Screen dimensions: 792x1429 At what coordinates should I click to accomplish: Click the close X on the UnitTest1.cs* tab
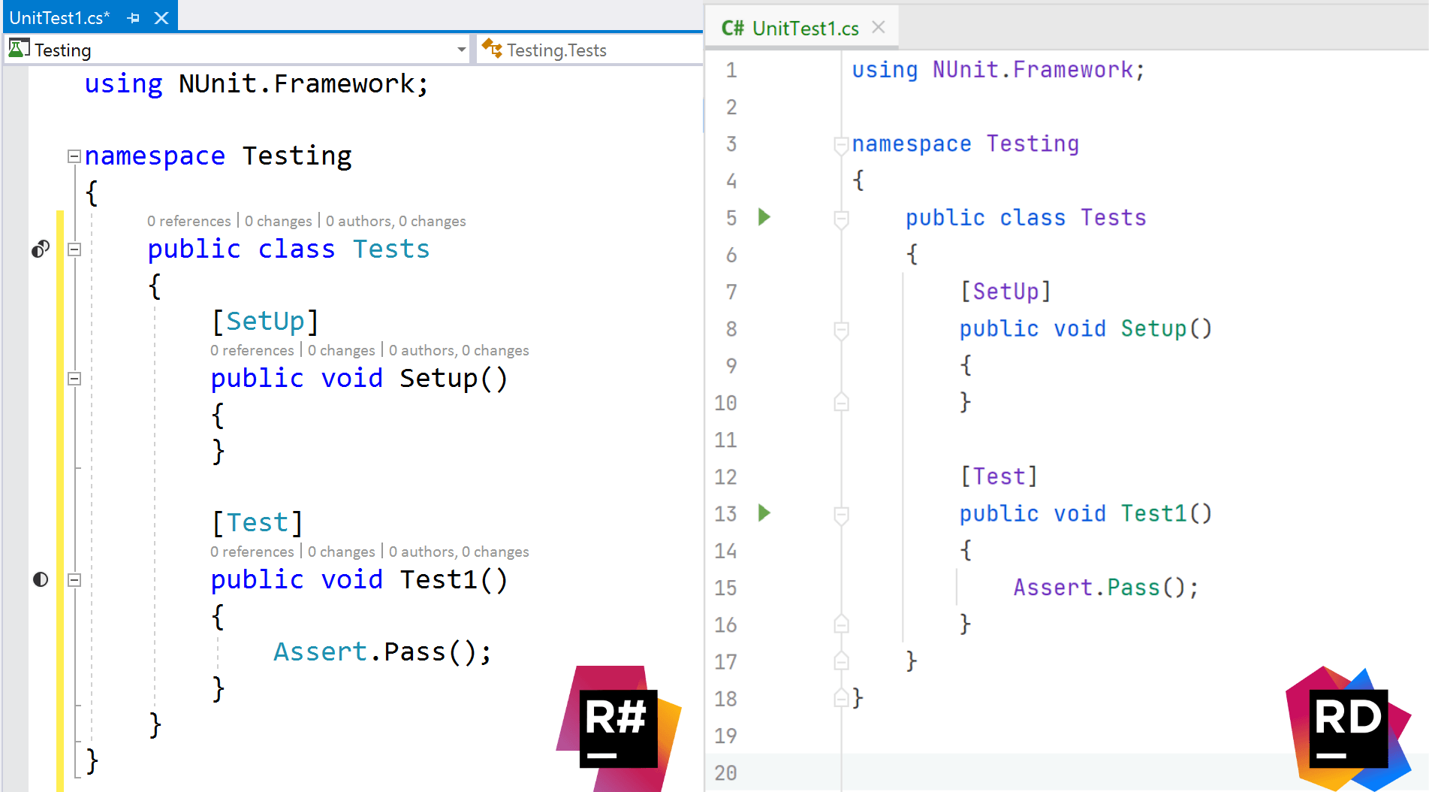(161, 18)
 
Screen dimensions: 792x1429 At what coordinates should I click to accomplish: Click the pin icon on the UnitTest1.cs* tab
(134, 18)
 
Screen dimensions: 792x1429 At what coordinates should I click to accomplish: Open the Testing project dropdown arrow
(461, 50)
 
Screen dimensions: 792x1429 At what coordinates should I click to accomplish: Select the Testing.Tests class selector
(556, 50)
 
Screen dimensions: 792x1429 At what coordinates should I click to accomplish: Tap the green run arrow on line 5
(764, 217)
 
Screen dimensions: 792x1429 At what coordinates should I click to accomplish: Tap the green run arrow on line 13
(764, 513)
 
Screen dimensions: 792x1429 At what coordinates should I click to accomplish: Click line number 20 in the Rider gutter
(725, 772)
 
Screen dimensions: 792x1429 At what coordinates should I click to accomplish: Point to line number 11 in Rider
(725, 440)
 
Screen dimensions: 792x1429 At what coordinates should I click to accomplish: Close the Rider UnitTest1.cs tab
(879, 28)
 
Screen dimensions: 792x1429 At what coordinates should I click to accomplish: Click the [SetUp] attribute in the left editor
(265, 322)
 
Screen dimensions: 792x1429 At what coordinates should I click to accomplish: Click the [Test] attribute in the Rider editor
(999, 476)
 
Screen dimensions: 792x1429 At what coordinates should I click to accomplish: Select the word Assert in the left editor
(320, 651)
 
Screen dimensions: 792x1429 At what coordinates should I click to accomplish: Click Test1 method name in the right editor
(1153, 513)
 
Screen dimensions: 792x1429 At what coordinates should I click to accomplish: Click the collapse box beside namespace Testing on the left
(74, 156)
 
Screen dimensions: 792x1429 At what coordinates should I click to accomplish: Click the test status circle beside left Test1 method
(41, 579)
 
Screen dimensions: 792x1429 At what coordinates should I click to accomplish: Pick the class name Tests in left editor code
(391, 249)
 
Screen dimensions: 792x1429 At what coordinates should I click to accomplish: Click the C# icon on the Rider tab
(732, 29)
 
